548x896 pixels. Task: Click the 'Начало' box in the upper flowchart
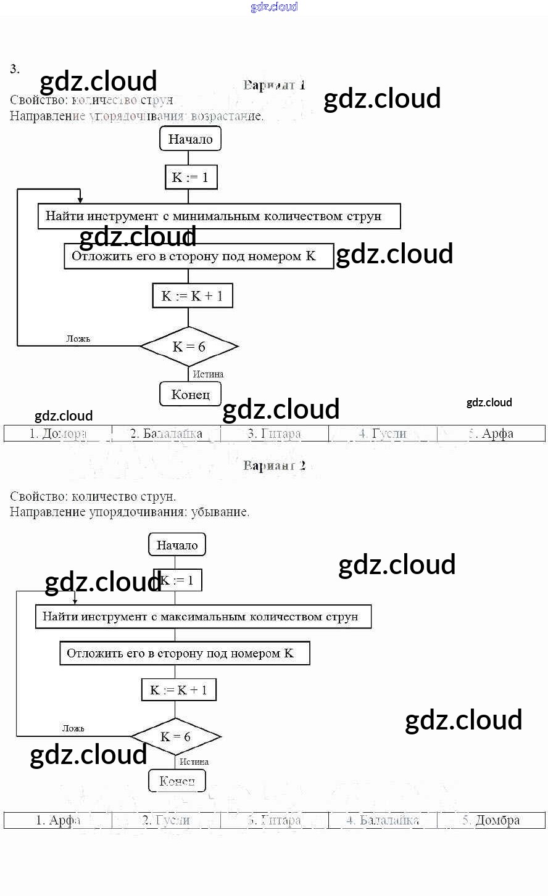[x=190, y=139]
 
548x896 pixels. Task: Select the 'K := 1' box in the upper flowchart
[x=191, y=178]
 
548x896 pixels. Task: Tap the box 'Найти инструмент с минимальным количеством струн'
[x=219, y=216]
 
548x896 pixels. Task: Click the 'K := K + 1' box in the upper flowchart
[x=193, y=296]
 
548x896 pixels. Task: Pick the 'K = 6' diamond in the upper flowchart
[x=189, y=347]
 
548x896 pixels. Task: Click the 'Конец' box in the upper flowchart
[x=190, y=395]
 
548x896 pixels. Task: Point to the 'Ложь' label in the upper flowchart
[x=78, y=339]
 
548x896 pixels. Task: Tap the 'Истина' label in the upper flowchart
[x=208, y=374]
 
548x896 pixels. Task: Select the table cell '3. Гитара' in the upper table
[x=274, y=434]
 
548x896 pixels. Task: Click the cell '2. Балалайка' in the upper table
[x=166, y=434]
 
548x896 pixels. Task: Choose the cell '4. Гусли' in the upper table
[x=383, y=434]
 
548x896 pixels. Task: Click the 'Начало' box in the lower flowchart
[x=177, y=545]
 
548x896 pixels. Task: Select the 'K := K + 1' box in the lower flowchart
[x=179, y=690]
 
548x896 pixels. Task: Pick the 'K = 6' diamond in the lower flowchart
[x=176, y=737]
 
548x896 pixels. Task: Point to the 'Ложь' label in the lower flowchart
[x=73, y=728]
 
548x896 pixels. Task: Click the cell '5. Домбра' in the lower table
[x=491, y=820]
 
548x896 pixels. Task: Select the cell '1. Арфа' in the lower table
[x=58, y=820]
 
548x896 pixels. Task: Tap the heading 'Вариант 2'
[x=274, y=466]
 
